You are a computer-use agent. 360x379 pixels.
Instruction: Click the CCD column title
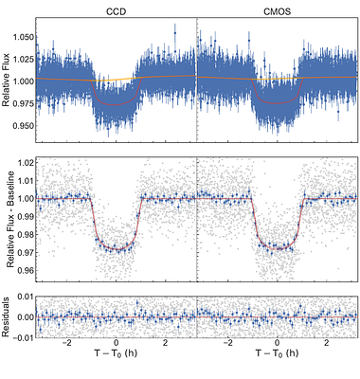(x=115, y=9)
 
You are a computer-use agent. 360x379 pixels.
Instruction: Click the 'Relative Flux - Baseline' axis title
(x=7, y=225)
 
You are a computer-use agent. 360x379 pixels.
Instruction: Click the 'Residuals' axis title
(x=7, y=317)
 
